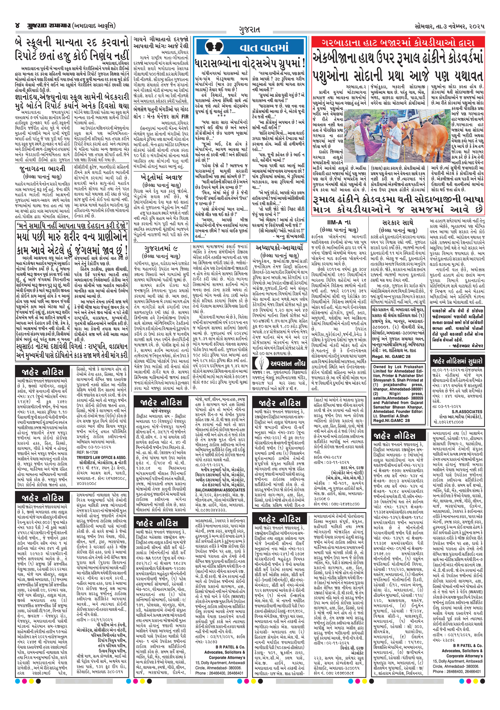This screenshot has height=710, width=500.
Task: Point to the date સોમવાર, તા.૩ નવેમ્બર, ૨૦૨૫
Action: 450,26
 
